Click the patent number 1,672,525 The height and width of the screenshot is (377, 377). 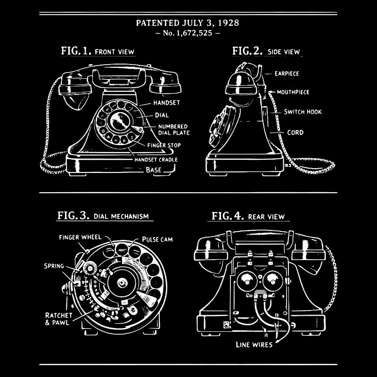188,33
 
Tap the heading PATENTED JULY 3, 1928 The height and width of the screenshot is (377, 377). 188,23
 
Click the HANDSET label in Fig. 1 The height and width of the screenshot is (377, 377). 166,102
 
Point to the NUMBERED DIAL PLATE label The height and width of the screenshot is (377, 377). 172,130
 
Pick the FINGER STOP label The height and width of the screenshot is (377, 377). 164,145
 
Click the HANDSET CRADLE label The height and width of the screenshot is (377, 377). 156,160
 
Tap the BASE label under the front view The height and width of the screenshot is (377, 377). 153,170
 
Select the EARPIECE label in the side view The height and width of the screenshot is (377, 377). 287,74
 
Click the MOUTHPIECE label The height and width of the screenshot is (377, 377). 293,92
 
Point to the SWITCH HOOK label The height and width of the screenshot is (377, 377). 303,112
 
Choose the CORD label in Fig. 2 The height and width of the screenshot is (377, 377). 295,132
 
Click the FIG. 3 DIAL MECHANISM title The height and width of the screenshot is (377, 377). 103,216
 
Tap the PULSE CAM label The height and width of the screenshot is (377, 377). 157,239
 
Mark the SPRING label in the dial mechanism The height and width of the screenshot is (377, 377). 54,266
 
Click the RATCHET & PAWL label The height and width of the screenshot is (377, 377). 58,319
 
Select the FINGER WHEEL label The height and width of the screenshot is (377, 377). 80,237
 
